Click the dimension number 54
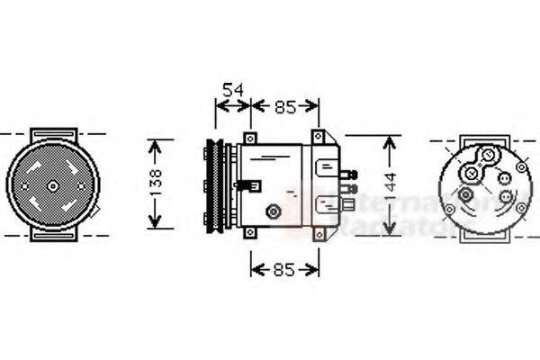pyautogui.click(x=233, y=89)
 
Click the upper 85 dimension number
pyautogui.click(x=285, y=107)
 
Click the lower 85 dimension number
pyautogui.click(x=285, y=269)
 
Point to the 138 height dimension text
pyautogui.click(x=156, y=184)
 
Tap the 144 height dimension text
pyautogui.click(x=389, y=185)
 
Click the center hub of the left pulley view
pyautogui.click(x=52, y=185)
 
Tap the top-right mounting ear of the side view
pyautogui.click(x=318, y=137)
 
